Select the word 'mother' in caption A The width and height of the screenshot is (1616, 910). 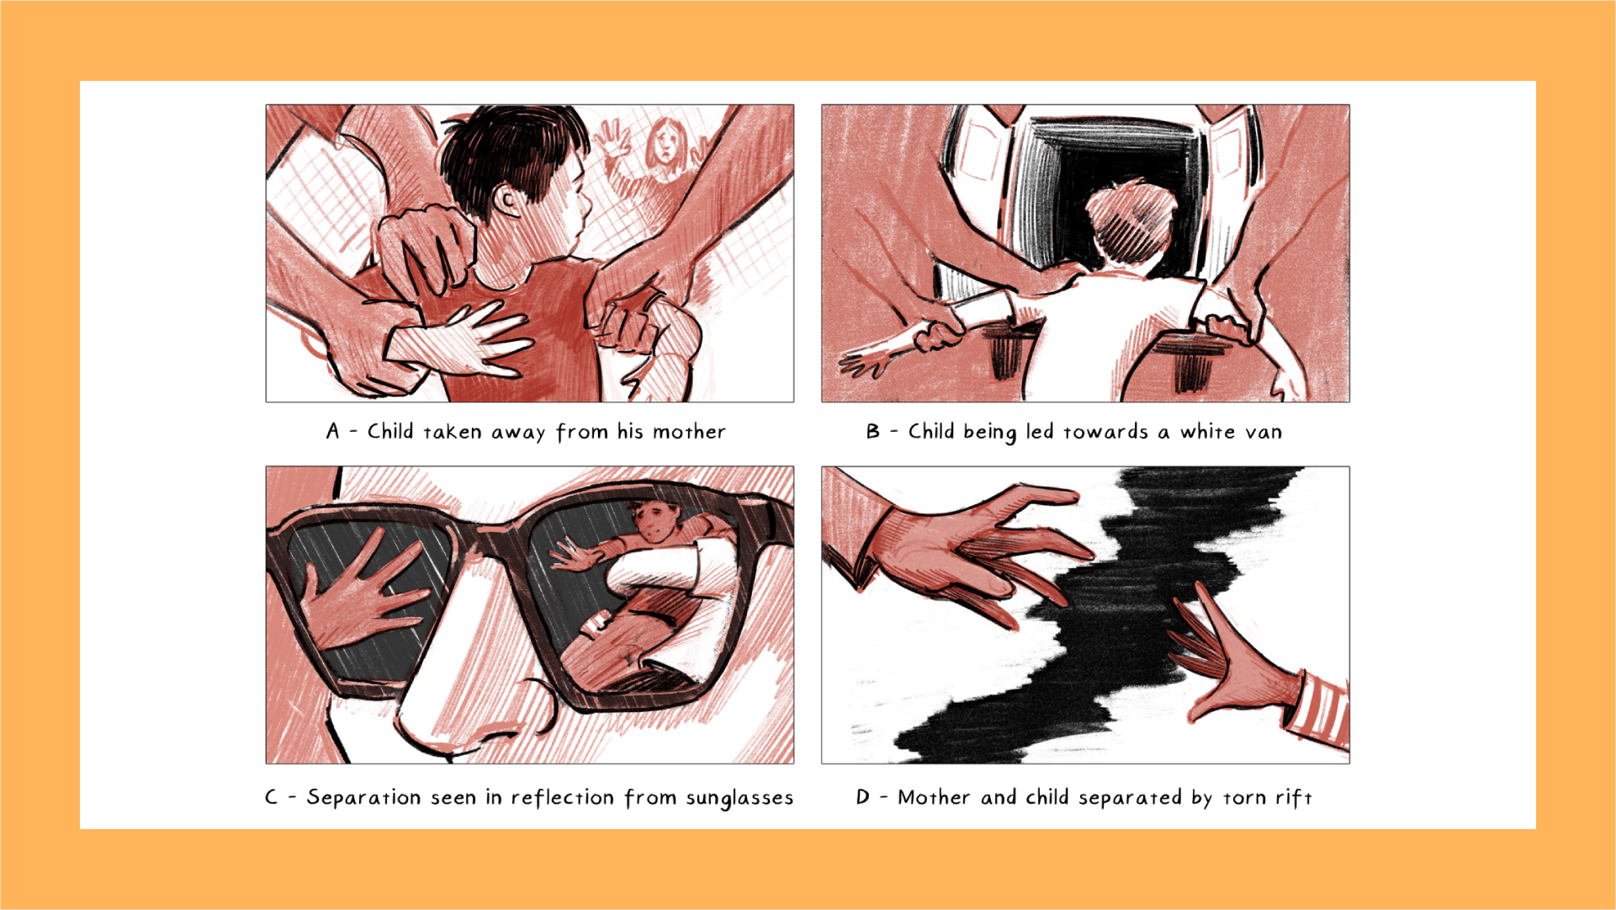pyautogui.click(x=689, y=432)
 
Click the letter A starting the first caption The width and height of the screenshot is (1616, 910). pyautogui.click(x=333, y=432)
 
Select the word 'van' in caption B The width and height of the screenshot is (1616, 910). pyautogui.click(x=1264, y=433)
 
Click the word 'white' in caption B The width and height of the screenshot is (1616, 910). pyautogui.click(x=1206, y=432)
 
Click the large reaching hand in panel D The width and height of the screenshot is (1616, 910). pyautogui.click(x=967, y=547)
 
